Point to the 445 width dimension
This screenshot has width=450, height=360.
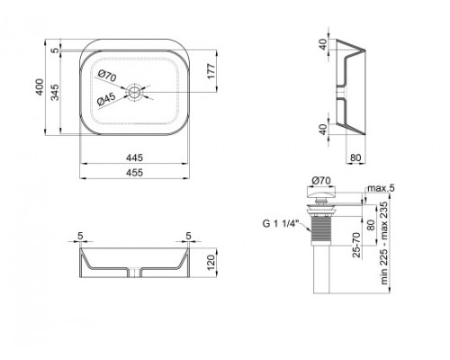[135, 156]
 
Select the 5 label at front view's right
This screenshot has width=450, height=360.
[188, 238]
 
